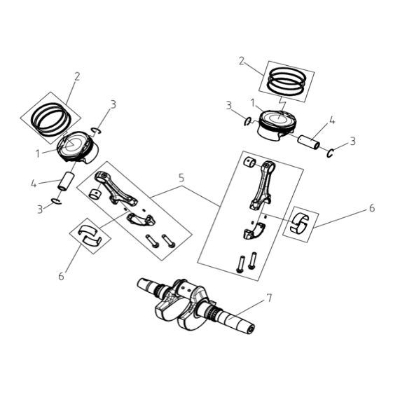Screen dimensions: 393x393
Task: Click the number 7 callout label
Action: pyautogui.click(x=268, y=298)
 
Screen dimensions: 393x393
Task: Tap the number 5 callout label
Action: pyautogui.click(x=181, y=178)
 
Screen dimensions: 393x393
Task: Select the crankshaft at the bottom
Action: pyautogui.click(x=196, y=305)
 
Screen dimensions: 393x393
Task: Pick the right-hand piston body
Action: pyautogui.click(x=276, y=125)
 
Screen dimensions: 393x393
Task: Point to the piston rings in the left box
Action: pyautogui.click(x=51, y=119)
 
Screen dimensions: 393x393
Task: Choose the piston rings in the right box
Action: pyautogui.click(x=287, y=81)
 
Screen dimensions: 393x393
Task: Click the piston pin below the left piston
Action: pyautogui.click(x=66, y=181)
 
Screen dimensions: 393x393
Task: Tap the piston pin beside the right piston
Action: pyautogui.click(x=309, y=142)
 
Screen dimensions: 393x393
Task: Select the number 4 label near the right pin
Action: pyautogui.click(x=331, y=120)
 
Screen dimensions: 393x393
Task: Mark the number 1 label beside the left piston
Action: pyautogui.click(x=38, y=153)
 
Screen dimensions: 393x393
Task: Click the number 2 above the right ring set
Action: pyautogui.click(x=242, y=61)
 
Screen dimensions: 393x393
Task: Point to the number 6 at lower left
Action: pyautogui.click(x=61, y=277)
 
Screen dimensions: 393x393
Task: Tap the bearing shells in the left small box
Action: pyautogui.click(x=90, y=235)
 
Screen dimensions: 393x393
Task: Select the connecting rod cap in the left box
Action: pyautogui.click(x=141, y=219)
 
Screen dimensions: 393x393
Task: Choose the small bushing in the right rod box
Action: pyautogui.click(x=249, y=162)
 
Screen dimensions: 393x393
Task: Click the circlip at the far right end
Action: pyautogui.click(x=331, y=153)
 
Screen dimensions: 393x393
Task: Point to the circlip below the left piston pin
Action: pyautogui.click(x=56, y=201)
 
